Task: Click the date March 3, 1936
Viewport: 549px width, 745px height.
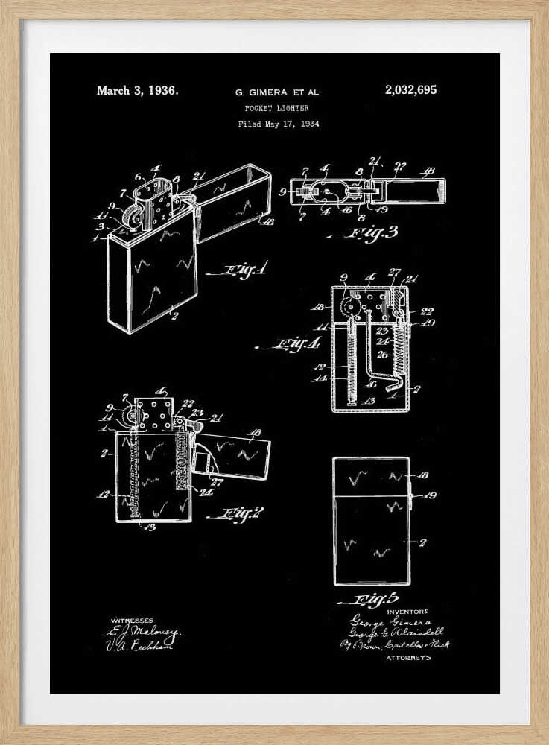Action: [x=137, y=91]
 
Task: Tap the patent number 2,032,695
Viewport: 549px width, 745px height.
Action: [x=410, y=90]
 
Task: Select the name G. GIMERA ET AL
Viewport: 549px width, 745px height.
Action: [x=276, y=92]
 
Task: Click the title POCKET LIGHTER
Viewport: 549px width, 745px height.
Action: [x=276, y=109]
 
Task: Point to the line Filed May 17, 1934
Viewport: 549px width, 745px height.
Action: [x=278, y=124]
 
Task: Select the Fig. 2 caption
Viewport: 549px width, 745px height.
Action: [x=236, y=514]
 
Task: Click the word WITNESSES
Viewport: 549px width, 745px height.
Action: [x=132, y=620]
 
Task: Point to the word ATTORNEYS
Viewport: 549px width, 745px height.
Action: [x=408, y=658]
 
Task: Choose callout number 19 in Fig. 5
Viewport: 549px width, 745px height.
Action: [x=430, y=495]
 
